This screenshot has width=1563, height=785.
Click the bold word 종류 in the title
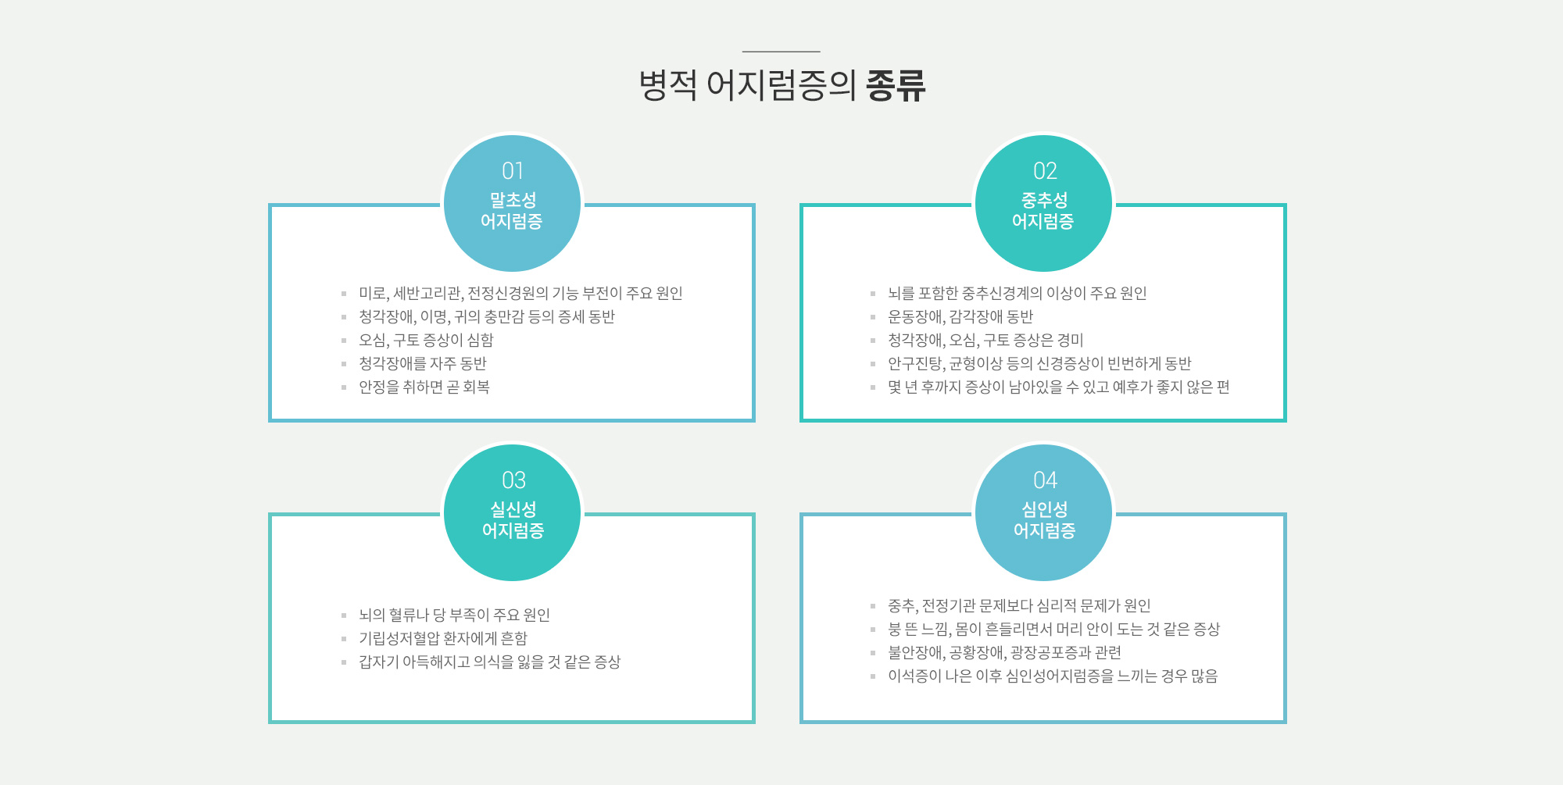pos(896,85)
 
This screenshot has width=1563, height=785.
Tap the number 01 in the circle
pos(513,171)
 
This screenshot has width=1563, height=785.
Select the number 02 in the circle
pos(1045,171)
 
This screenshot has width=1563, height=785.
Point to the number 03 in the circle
pos(513,480)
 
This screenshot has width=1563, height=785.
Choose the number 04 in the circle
pos(1045,480)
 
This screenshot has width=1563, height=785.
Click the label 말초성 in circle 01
pos(513,200)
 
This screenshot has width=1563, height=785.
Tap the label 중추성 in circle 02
pos(1044,200)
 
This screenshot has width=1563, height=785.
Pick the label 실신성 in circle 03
pos(513,509)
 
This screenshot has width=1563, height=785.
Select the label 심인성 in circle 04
pos(1044,509)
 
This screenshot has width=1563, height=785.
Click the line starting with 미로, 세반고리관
pos(520,294)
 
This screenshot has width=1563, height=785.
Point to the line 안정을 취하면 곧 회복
pos(424,387)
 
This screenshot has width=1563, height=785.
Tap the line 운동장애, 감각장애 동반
pos(960,317)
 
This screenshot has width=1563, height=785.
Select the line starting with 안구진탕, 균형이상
pos(1039,364)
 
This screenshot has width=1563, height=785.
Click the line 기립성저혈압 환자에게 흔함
pos(443,639)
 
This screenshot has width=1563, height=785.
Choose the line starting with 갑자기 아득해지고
pos(489,662)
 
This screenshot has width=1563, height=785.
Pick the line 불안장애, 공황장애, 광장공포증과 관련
pos(1004,653)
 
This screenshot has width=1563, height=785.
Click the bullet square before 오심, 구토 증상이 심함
pos(344,341)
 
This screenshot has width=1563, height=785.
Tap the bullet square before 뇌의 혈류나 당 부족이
pos(344,616)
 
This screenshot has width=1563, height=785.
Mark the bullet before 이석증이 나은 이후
pos(873,676)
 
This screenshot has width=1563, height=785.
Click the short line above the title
pos(781,52)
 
